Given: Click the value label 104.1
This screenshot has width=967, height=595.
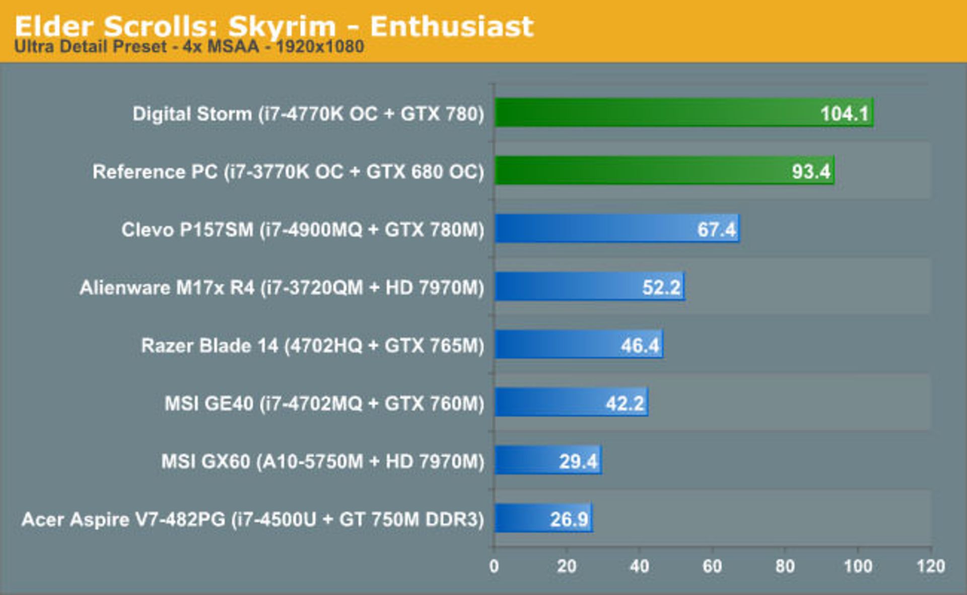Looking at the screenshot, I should [845, 114].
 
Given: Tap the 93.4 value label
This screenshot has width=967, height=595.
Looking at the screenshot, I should [811, 172].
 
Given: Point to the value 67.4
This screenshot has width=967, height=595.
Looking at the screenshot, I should [716, 230].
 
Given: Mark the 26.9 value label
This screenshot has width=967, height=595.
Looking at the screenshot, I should [569, 519].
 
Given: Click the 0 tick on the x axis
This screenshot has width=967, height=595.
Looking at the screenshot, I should [494, 566].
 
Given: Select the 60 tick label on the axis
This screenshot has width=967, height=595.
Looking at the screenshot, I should [712, 566].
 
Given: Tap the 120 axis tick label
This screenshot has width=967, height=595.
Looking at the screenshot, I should [931, 566].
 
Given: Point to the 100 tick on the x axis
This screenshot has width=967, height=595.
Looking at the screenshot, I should [858, 566].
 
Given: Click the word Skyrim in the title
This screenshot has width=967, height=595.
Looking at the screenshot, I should [282, 26].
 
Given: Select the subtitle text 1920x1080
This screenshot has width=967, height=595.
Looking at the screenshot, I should [320, 47].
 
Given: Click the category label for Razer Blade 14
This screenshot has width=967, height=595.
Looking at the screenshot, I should [312, 345].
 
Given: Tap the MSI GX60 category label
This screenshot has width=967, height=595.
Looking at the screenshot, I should [322, 461].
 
